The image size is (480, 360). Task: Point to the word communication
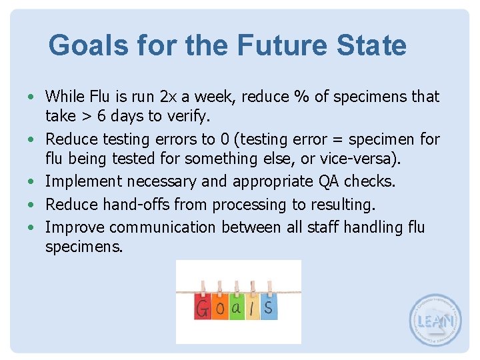[163, 227]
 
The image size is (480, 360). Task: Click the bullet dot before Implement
[32, 181]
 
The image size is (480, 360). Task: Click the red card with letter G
[203, 307]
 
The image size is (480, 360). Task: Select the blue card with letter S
[268, 307]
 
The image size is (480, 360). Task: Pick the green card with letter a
[237, 307]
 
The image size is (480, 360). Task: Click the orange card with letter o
[220, 309]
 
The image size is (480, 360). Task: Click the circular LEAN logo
[435, 320]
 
